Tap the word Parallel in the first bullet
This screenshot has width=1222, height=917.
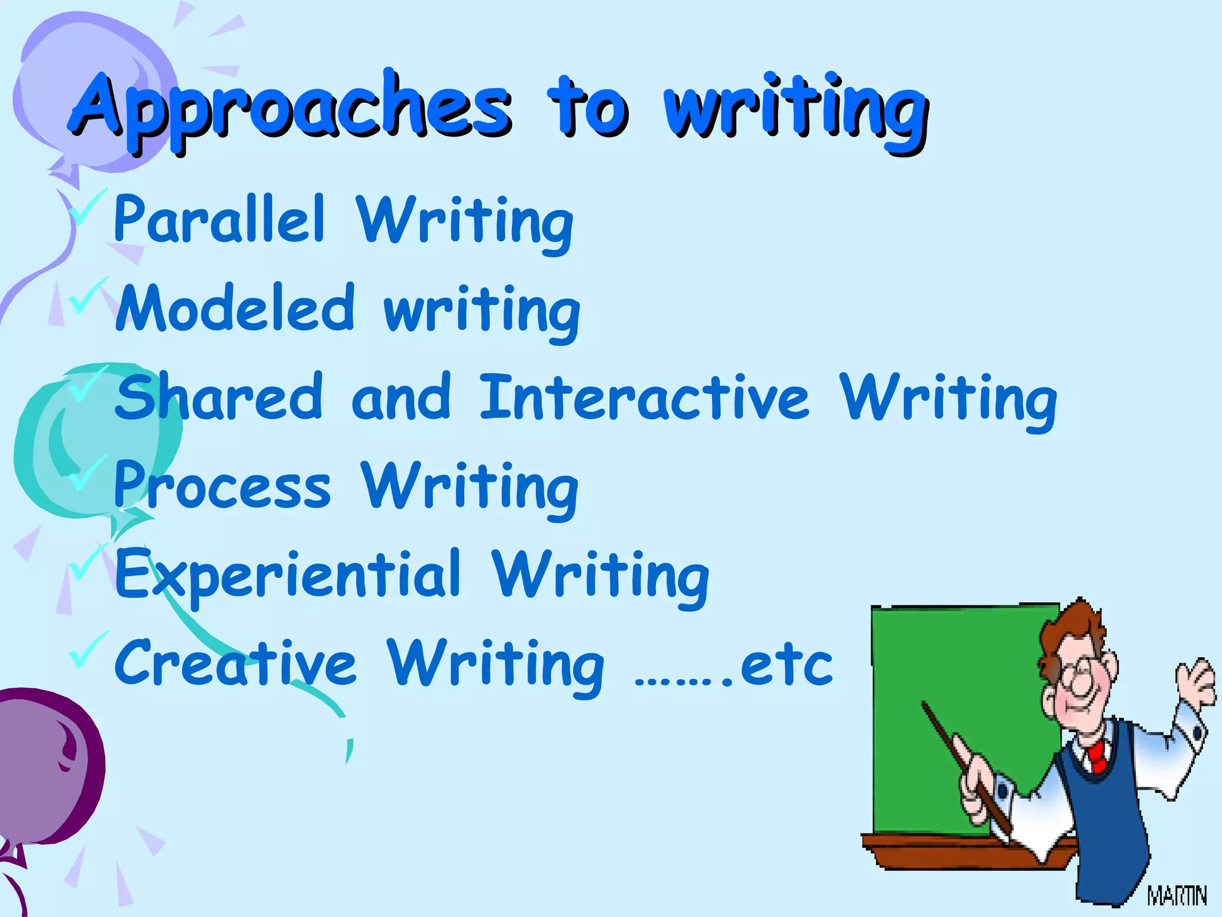220,220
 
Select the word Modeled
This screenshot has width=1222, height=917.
236,308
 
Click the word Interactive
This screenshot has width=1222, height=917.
644,396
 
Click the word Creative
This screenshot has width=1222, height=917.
236,663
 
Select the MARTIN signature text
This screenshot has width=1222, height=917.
1177,896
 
